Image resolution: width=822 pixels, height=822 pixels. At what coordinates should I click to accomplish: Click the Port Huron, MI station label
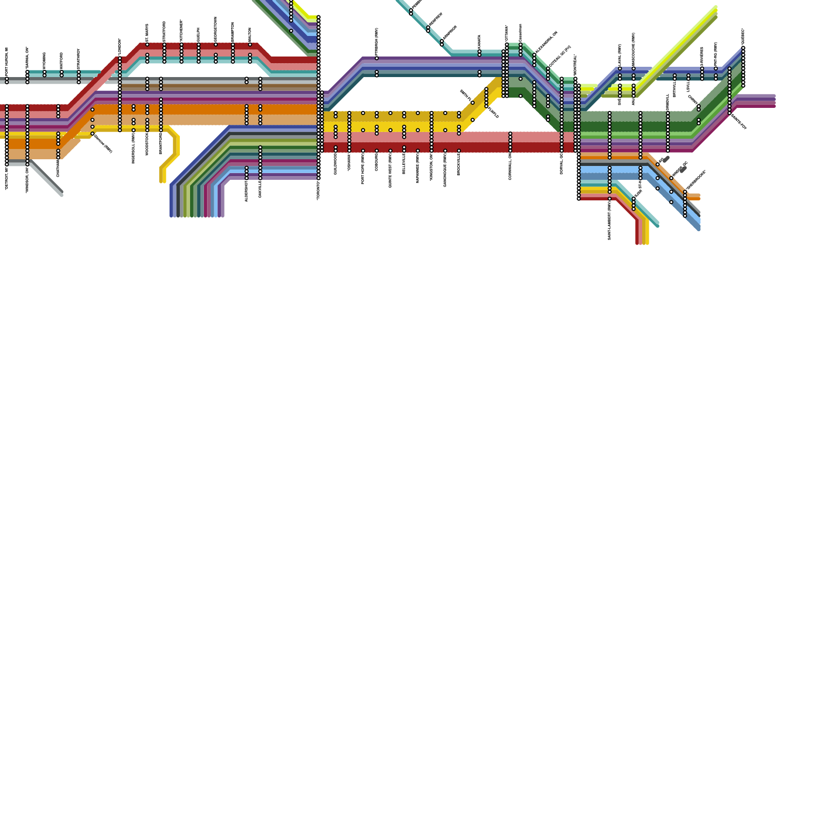pyautogui.click(x=7, y=62)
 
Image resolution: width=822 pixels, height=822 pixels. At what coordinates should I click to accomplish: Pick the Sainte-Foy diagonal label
pyautogui.click(x=739, y=121)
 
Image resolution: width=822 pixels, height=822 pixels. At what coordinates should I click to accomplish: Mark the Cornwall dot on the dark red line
pyautogui.click(x=510, y=147)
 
